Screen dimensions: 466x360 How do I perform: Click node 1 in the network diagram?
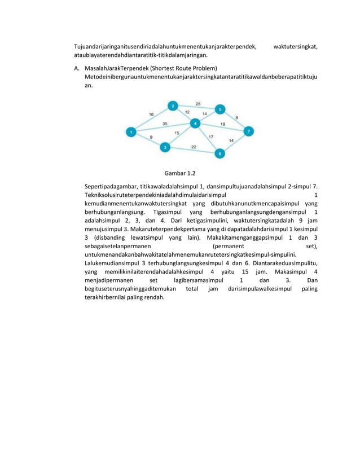point(130,132)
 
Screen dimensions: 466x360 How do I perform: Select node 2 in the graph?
point(173,105)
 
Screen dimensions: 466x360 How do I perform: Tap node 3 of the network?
point(165,147)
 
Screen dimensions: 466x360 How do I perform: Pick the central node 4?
point(195,123)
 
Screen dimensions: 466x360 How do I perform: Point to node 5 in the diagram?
point(220,109)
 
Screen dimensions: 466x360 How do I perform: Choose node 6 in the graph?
point(220,153)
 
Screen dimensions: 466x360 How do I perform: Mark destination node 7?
point(249,131)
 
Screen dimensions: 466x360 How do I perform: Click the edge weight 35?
point(165,123)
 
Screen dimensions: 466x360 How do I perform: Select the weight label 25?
point(197,104)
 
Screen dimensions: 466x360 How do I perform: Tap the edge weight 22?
point(193,146)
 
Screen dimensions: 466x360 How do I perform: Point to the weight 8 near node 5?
point(236,117)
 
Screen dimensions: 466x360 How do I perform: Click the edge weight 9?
point(151,137)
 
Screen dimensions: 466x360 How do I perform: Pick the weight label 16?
point(151,114)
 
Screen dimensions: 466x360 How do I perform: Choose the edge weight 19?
point(223,124)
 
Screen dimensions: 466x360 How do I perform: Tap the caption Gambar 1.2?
point(179,173)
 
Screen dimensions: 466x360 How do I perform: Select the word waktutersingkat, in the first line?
point(295,46)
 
